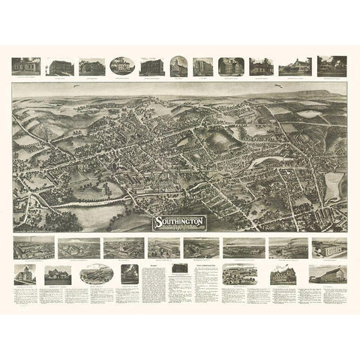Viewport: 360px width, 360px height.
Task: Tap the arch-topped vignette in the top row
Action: pos(178,65)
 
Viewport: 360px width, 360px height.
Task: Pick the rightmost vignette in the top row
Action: pos(332,64)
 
